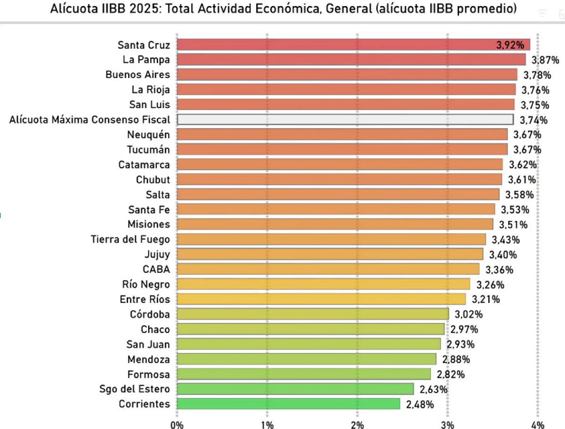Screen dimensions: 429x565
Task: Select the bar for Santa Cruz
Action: point(353,45)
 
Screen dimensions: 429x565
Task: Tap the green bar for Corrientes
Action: point(289,404)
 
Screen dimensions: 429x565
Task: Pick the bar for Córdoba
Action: point(313,314)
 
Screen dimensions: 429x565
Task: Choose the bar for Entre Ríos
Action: point(322,299)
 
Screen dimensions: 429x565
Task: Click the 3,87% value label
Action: point(545,60)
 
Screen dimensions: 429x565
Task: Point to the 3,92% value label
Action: point(510,45)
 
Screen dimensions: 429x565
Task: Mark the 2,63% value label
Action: point(434,389)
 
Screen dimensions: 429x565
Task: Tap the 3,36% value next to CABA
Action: point(500,270)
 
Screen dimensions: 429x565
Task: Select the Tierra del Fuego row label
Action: point(130,239)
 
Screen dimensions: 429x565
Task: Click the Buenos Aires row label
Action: point(137,74)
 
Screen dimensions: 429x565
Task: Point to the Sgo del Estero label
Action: point(135,389)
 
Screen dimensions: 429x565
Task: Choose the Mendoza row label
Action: point(148,359)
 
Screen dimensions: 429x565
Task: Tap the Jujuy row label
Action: point(157,254)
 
